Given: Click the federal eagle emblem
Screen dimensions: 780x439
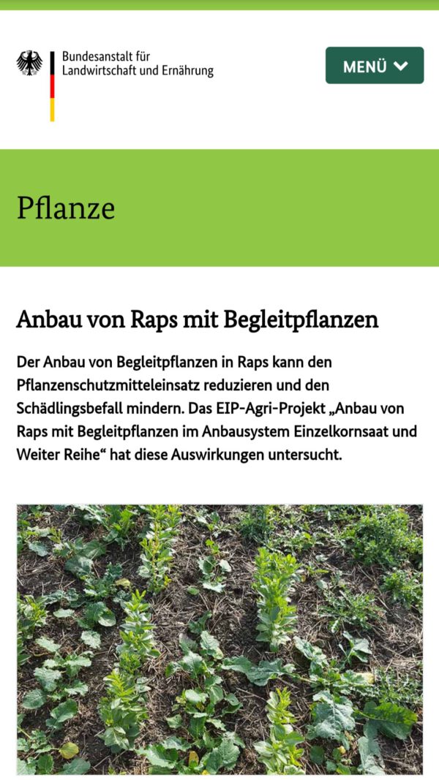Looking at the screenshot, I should click(29, 64).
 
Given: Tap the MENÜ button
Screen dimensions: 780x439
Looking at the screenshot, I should click(374, 66).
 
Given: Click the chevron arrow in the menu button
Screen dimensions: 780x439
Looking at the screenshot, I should click(400, 66).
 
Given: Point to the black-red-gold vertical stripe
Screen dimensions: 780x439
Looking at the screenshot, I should click(52, 86).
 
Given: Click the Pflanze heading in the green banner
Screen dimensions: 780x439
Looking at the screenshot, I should click(66, 208).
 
